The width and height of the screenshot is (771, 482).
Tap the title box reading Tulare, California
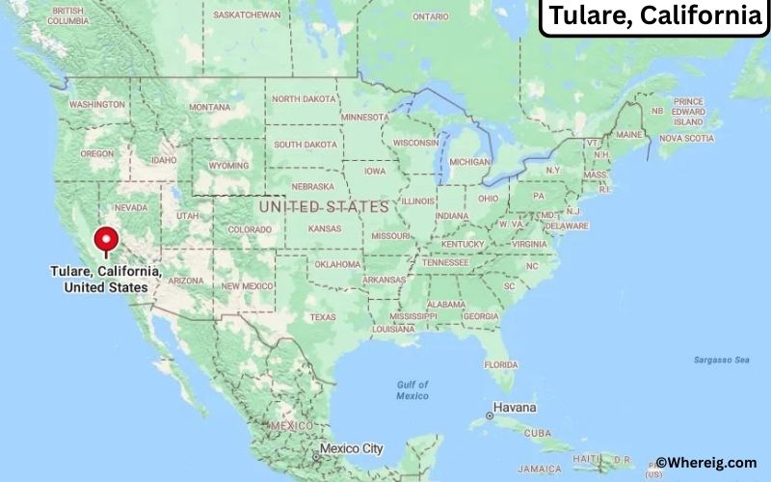click(x=653, y=17)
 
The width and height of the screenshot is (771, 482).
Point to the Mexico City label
click(x=351, y=448)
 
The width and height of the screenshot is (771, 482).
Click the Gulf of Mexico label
click(x=412, y=390)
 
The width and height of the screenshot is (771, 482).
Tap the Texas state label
click(x=323, y=317)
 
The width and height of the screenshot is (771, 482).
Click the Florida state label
click(x=500, y=364)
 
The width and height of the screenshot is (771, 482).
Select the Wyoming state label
click(x=228, y=165)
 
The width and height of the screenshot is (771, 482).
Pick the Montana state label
click(x=209, y=107)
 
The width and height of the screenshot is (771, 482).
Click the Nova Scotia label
click(x=686, y=138)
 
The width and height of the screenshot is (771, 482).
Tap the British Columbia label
click(x=66, y=15)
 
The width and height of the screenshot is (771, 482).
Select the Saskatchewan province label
click(x=247, y=15)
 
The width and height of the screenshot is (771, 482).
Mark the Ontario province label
click(x=430, y=16)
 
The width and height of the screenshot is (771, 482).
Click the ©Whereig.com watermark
click(x=706, y=463)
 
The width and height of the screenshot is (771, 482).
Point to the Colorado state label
click(x=250, y=229)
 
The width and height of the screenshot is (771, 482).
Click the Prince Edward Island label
click(x=688, y=112)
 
